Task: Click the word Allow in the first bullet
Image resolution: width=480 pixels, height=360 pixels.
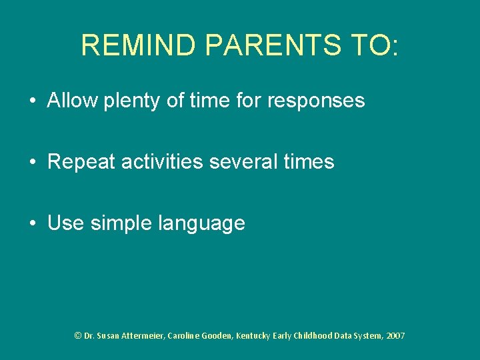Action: (x=73, y=101)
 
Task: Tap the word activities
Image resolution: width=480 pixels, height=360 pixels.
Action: (x=163, y=162)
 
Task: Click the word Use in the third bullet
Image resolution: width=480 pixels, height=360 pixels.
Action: (x=65, y=223)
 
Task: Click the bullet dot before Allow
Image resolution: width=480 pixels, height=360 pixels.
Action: (x=33, y=101)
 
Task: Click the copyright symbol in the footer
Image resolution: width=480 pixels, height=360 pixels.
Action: (x=78, y=335)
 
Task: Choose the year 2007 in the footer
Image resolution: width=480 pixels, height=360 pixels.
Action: (x=395, y=335)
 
